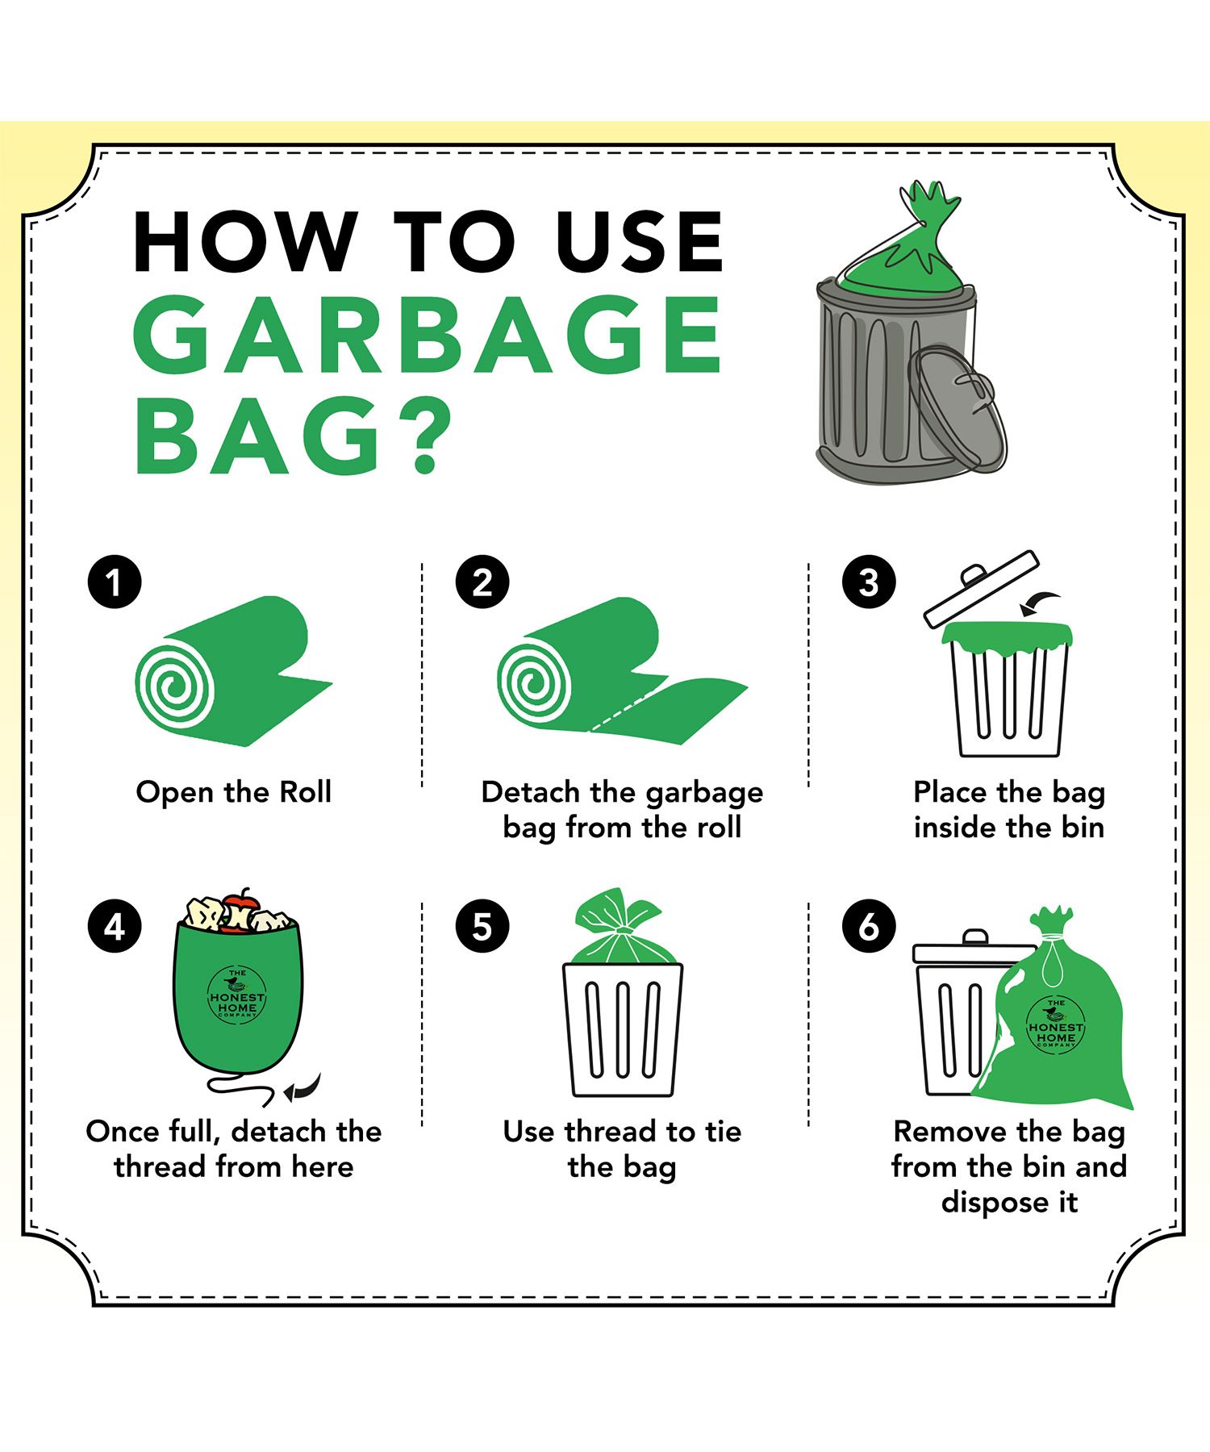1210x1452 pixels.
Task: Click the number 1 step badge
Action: (115, 582)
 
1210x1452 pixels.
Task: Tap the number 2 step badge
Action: (482, 582)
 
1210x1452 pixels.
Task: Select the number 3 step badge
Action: (869, 582)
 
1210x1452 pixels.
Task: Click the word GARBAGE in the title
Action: (427, 334)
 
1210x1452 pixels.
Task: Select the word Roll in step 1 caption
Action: (305, 791)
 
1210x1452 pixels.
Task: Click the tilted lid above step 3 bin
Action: (981, 589)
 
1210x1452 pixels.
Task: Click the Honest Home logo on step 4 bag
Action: (237, 995)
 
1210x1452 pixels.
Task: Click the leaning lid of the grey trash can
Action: (958, 407)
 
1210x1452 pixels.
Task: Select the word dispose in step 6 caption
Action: (989, 1202)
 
